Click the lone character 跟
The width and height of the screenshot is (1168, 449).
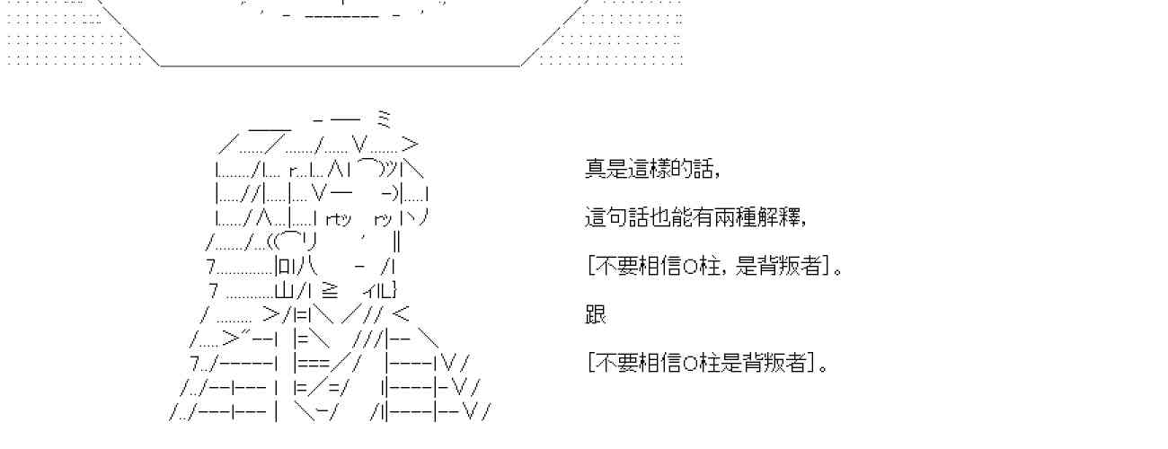tap(596, 314)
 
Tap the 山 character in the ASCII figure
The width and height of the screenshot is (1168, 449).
tap(284, 290)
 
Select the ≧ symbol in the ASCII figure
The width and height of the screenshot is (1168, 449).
tap(329, 290)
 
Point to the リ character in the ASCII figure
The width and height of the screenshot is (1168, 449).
tap(309, 241)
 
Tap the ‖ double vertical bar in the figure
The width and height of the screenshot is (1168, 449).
tap(396, 241)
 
